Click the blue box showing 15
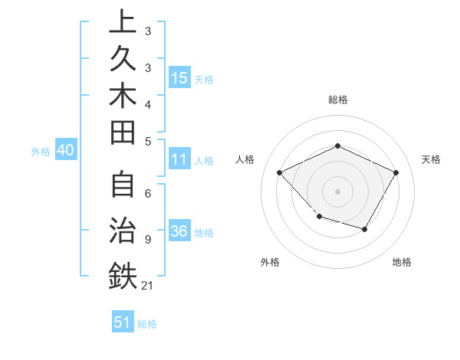(x=179, y=78)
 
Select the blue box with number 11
(x=179, y=160)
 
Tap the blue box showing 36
(x=179, y=232)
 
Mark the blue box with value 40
(x=65, y=151)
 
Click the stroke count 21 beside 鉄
(x=148, y=286)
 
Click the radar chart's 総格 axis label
(x=337, y=100)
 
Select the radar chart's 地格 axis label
(x=402, y=262)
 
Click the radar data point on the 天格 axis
(x=396, y=172)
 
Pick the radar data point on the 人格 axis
(x=280, y=172)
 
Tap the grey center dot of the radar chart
(x=337, y=191)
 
